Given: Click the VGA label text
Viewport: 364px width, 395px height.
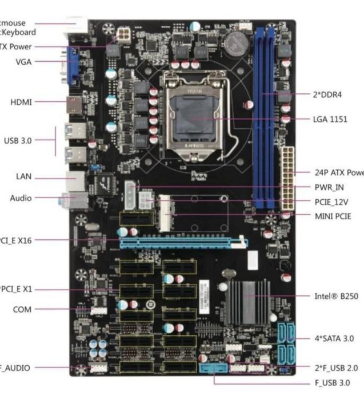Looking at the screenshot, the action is [24, 62].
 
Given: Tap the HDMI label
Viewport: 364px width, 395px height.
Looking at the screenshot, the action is [21, 102].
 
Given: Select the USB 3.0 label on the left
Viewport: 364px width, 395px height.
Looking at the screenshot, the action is [18, 140].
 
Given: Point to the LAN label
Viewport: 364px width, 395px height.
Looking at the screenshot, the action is [23, 176].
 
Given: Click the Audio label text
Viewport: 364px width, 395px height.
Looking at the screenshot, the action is [21, 198].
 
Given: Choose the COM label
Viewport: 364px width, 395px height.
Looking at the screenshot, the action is [22, 310].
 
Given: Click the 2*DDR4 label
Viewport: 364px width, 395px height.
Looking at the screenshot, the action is [327, 94].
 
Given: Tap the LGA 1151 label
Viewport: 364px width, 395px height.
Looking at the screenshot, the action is [330, 120].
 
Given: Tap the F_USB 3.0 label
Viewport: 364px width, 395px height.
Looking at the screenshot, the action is [331, 382].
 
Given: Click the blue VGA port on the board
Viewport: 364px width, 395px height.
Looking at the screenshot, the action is [74, 64].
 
